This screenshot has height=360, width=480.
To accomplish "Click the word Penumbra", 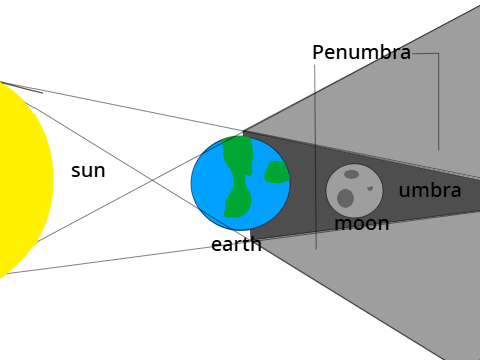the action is [x=362, y=52].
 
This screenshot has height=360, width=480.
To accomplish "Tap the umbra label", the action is [x=430, y=190].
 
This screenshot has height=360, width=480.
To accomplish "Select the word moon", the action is [x=362, y=223].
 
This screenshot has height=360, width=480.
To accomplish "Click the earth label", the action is [x=236, y=244].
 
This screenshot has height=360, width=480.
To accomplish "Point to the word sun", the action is [x=88, y=171].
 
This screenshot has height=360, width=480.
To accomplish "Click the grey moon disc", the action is [x=354, y=190].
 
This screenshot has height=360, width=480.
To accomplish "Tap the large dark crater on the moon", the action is [x=345, y=198].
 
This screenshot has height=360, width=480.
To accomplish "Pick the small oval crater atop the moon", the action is [x=351, y=174].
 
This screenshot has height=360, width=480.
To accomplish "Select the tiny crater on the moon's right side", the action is [x=370, y=188].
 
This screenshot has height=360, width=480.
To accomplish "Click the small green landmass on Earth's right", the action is [x=277, y=172].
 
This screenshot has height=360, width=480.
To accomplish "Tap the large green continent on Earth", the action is [x=238, y=177].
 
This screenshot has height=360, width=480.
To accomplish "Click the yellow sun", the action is [x=23, y=180].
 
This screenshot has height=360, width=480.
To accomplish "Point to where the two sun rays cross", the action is [x=153, y=180].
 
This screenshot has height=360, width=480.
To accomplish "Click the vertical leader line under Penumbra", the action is [x=315, y=157].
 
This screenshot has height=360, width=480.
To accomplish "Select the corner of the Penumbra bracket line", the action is [x=438, y=53].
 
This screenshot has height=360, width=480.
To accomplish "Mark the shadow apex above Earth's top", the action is [x=243, y=131].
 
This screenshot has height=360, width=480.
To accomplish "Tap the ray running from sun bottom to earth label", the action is [x=108, y=260].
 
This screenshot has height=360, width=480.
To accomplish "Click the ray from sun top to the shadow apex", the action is [x=122, y=106].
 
